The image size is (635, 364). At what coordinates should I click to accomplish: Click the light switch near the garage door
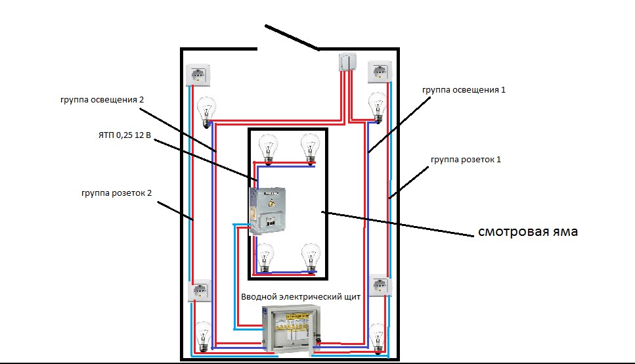(347, 62)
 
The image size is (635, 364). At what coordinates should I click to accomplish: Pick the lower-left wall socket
(200, 290)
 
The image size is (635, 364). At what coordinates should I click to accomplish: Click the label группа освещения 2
(101, 100)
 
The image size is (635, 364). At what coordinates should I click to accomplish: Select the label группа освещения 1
(464, 89)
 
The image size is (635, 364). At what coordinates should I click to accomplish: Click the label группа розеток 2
(118, 193)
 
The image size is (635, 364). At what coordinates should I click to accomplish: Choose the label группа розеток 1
(466, 160)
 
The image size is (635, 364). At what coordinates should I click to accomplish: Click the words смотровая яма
(527, 231)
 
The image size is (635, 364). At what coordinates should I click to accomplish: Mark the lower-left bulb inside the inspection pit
(265, 256)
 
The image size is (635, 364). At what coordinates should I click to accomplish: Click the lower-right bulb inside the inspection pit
(310, 256)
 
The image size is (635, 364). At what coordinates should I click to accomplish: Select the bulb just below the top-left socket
(208, 110)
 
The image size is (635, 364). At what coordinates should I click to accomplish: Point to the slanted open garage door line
(292, 37)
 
